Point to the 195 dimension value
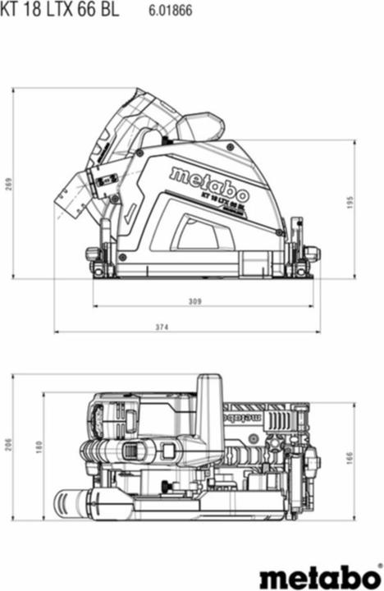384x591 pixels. tap(373, 202)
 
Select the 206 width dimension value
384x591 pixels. tap(8, 444)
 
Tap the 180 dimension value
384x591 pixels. tap(38, 447)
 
